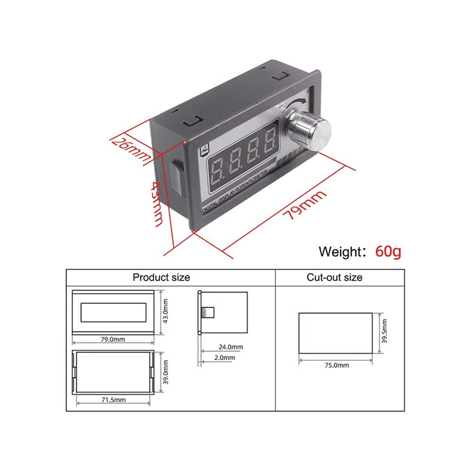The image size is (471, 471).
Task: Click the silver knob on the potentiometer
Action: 309,131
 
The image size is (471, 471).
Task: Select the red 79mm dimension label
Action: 304,205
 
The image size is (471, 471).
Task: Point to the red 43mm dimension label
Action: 157,204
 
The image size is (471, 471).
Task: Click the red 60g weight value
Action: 388,251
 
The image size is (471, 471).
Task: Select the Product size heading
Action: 161,277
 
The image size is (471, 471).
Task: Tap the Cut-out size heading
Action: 334,277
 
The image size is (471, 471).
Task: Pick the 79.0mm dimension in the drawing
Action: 113,339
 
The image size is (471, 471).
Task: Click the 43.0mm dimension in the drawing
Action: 165,311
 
